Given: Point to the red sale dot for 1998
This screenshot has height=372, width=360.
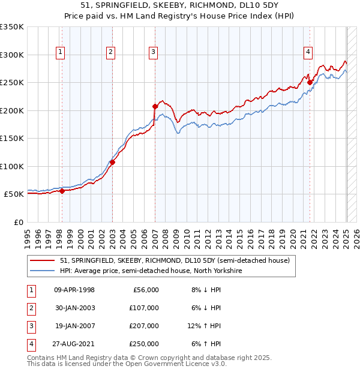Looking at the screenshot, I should (x=62, y=191).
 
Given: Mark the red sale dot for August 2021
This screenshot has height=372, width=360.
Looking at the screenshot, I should (x=310, y=83).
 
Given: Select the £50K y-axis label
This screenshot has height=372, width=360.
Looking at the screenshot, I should (x=14, y=194).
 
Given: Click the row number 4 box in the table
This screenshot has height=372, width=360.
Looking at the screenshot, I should (x=31, y=344).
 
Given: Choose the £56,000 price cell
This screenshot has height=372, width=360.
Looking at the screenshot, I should (x=144, y=290).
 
